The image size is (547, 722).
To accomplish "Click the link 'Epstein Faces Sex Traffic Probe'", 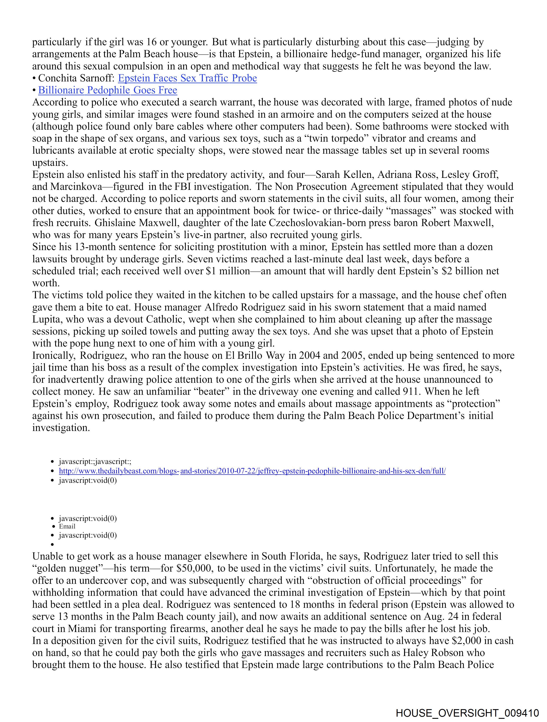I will (x=187, y=78).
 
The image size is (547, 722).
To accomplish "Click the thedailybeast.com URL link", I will (x=252, y=471).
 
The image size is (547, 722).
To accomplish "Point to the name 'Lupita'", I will (x=45, y=320).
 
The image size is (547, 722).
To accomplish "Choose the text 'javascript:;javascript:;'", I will (x=95, y=462).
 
